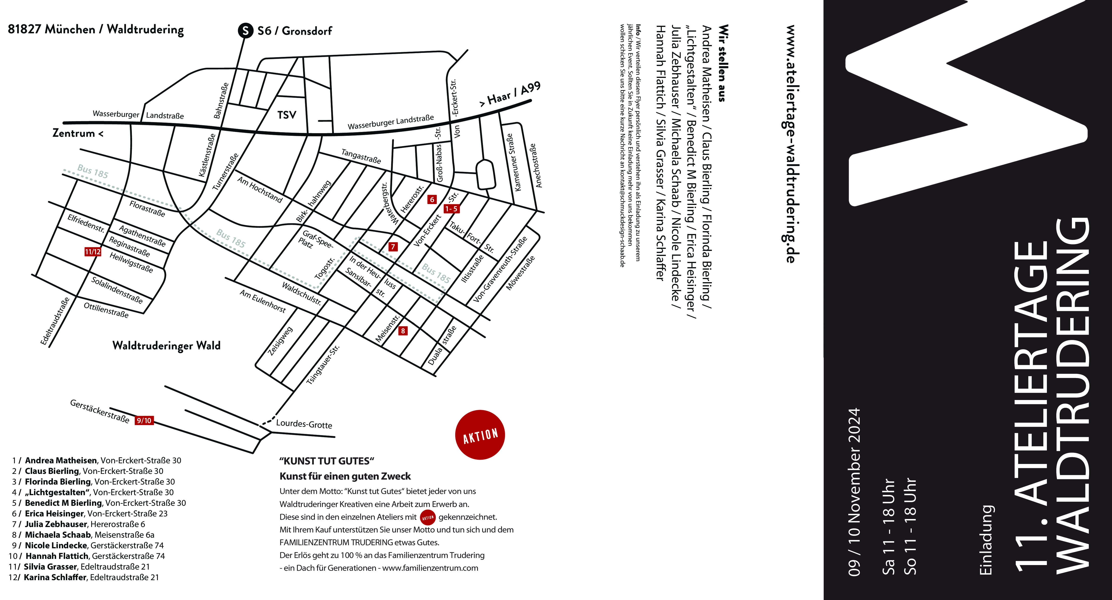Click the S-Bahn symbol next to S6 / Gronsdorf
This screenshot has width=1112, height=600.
tap(245, 31)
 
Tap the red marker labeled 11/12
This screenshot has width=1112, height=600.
tap(93, 251)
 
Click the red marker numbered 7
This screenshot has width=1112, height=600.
tap(393, 247)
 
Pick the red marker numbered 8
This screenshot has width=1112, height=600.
tap(403, 331)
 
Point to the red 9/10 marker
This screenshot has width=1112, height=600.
tap(144, 420)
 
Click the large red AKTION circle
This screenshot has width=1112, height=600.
tap(480, 434)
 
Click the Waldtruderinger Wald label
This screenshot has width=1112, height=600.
tap(166, 345)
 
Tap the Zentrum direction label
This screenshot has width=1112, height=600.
tap(78, 133)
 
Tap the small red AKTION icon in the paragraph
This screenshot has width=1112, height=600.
tap(428, 517)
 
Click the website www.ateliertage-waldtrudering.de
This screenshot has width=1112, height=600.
tap(791, 144)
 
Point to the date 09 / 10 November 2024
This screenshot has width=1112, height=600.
tap(854, 492)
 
